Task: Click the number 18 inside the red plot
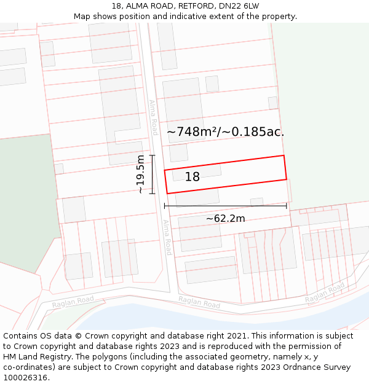[192, 177]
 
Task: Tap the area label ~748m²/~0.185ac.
[226, 131]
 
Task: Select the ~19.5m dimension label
[141, 174]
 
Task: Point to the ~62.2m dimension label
[225, 218]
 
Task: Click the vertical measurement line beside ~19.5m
[152, 174]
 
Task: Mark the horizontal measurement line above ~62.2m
[225, 206]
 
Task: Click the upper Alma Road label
[153, 117]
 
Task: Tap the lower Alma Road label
[167, 237]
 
